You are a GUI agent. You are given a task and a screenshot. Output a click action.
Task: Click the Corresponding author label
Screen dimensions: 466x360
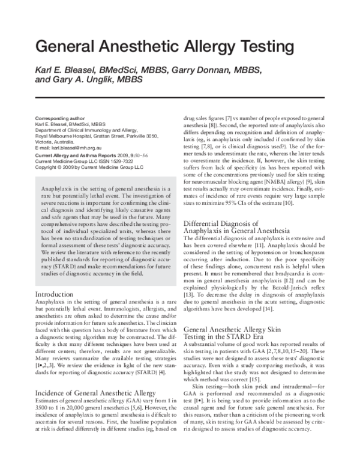click(60, 118)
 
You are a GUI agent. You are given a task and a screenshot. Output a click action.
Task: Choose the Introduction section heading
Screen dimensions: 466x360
click(56, 294)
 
